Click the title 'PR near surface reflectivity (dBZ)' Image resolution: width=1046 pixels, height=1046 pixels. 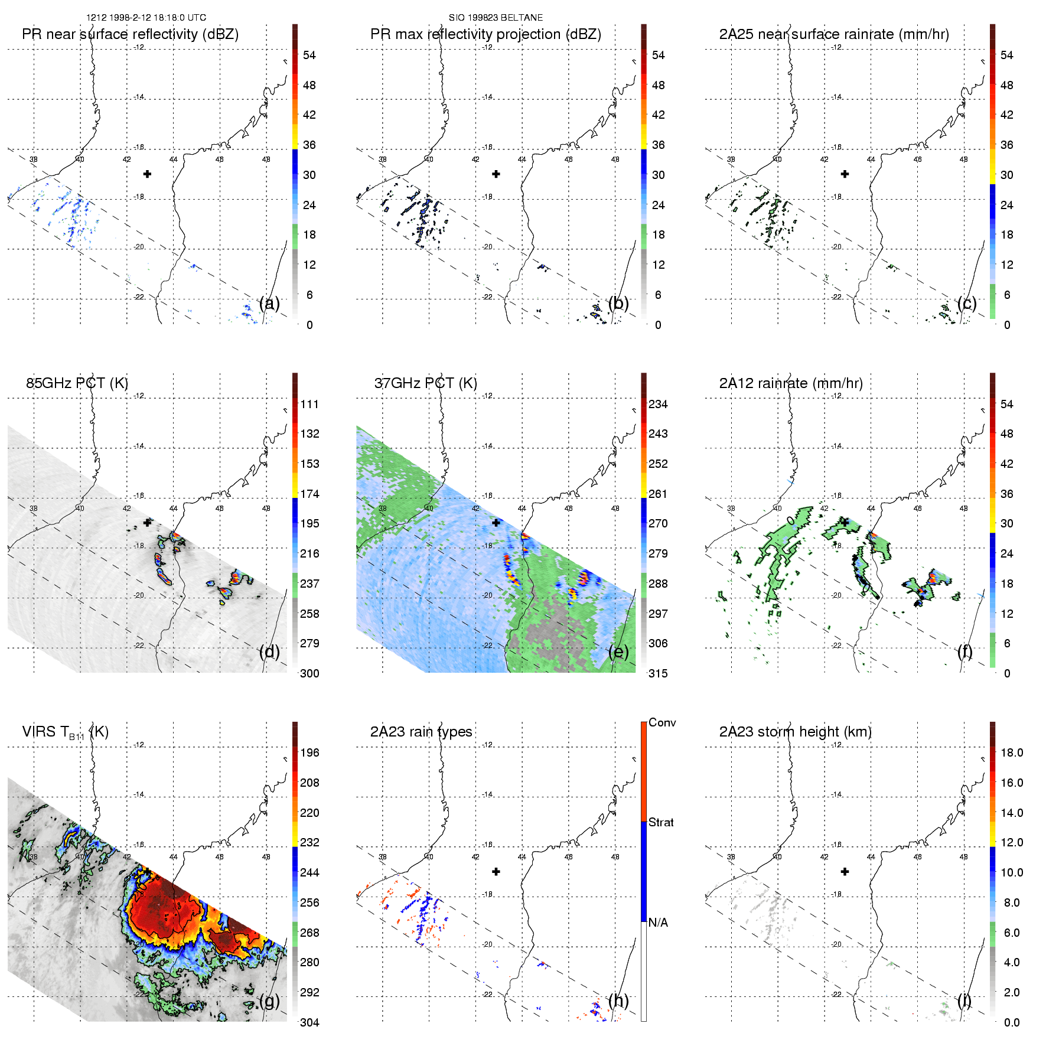tap(130, 34)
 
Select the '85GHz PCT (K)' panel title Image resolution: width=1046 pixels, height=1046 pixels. tap(77, 383)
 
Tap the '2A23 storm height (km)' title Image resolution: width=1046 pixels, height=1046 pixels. tap(795, 732)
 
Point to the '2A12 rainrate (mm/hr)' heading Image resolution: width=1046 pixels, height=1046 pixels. tap(791, 383)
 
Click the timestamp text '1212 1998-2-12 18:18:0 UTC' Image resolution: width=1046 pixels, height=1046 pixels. tap(146, 18)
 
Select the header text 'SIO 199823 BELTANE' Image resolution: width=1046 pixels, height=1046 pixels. tap(496, 18)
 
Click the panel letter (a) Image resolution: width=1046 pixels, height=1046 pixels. tap(269, 304)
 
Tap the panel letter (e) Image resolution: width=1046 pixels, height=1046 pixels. tap(618, 652)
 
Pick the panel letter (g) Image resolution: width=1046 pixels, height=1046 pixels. tap(269, 1001)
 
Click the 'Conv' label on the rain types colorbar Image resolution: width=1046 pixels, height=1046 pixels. tap(662, 722)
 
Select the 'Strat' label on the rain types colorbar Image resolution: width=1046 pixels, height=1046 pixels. tap(661, 822)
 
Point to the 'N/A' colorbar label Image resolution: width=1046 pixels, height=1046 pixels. tap(658, 923)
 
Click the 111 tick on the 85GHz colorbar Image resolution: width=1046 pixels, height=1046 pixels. tap(309, 404)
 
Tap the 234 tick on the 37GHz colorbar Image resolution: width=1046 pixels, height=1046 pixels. tap(658, 404)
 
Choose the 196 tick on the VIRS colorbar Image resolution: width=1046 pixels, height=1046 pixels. tap(309, 752)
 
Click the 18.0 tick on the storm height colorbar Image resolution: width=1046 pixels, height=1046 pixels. tap(1012, 752)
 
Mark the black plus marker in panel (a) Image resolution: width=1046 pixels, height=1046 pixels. tap(147, 174)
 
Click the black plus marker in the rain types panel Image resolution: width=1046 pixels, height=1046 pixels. tap(496, 872)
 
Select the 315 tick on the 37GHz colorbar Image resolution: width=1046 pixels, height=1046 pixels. tap(658, 673)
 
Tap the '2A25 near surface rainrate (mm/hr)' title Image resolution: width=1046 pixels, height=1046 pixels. tap(834, 34)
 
